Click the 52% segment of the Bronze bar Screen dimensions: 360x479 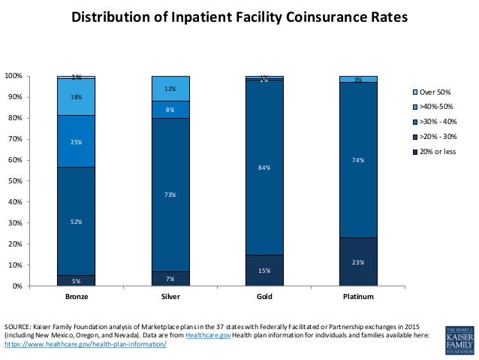pos(77,221)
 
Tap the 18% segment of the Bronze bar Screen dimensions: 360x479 pos(77,97)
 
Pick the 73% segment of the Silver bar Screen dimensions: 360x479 pos(170,195)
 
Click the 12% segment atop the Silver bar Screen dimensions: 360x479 pos(170,88)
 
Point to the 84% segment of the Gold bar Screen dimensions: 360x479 pos(264,169)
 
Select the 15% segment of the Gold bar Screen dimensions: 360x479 pos(264,271)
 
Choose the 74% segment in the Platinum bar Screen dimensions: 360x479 pos(358,159)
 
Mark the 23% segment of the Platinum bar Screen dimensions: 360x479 pos(358,262)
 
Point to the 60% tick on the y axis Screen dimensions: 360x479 pos(14,160)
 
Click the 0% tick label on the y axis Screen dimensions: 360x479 pos(16,286)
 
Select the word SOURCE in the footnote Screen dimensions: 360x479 pos(16,327)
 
